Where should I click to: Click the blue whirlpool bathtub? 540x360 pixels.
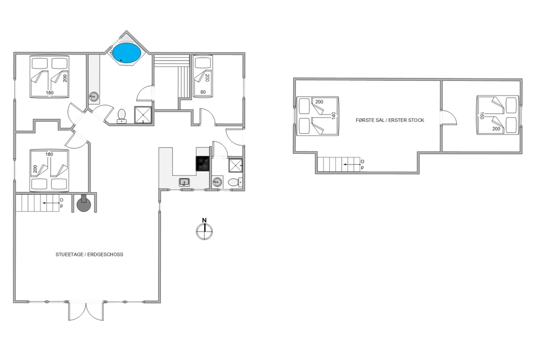[127, 53]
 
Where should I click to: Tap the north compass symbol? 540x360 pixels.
[204, 229]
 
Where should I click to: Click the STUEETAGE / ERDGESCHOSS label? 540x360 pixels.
[90, 255]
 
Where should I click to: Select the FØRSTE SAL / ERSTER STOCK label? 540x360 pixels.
[390, 120]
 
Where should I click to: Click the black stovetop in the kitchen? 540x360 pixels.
[202, 164]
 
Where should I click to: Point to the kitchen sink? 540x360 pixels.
[184, 182]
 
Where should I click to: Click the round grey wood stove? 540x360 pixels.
[83, 205]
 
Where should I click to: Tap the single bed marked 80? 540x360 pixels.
[202, 77]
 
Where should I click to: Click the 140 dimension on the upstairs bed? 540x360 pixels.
[333, 116]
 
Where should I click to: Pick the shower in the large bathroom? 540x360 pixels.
[143, 114]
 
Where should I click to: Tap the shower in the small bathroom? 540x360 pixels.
[235, 165]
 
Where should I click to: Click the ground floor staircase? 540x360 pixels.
[38, 203]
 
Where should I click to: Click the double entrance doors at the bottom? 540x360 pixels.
[86, 311]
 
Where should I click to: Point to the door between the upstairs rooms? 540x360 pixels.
[449, 117]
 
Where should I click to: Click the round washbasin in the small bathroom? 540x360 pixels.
[217, 182]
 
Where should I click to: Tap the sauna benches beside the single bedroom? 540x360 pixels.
[172, 76]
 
